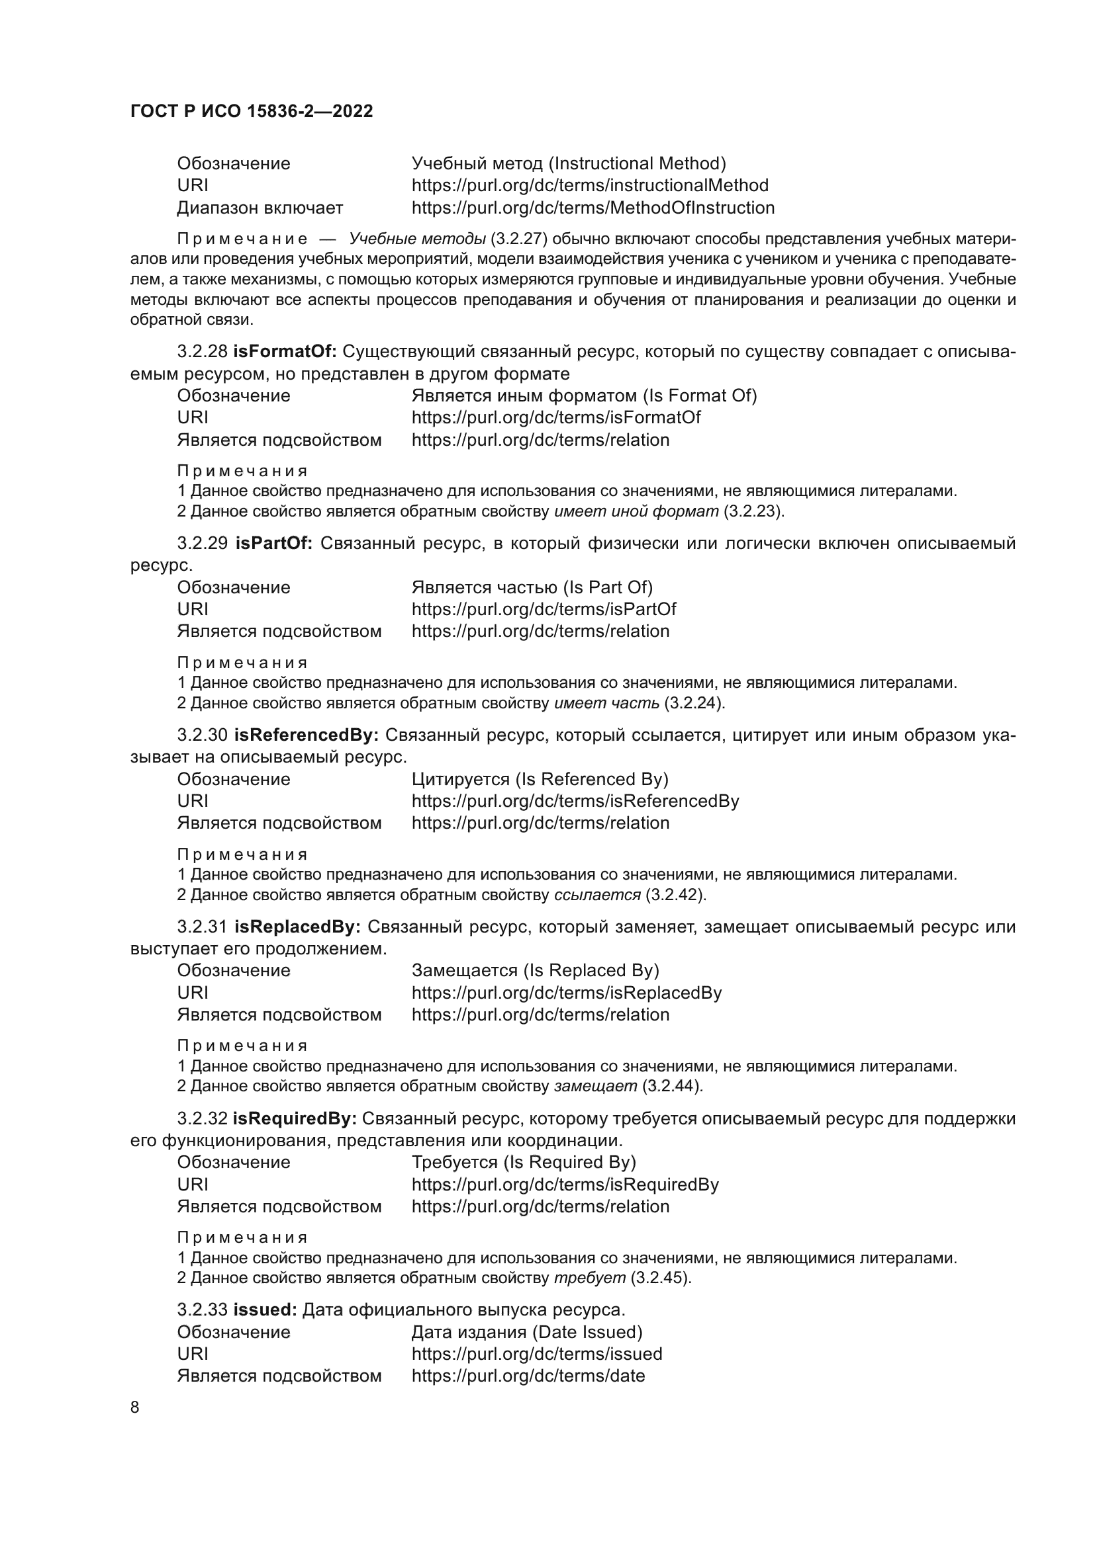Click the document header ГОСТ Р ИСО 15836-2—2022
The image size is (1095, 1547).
click(251, 111)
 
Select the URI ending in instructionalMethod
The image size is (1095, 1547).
click(589, 185)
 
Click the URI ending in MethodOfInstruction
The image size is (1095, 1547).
click(593, 208)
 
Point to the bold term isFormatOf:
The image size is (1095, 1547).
click(285, 352)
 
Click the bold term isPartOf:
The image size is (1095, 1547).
click(273, 544)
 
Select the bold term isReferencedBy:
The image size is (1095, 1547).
click(306, 735)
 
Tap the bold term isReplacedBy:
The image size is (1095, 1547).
click(297, 927)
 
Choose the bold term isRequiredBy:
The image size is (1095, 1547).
click(294, 1119)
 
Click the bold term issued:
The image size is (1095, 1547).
click(265, 1310)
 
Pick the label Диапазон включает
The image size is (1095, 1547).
click(260, 208)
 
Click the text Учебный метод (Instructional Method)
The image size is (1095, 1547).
click(569, 164)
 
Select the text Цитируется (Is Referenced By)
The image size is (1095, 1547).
click(540, 780)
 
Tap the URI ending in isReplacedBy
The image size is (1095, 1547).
click(567, 993)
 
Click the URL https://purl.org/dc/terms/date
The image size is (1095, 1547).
click(528, 1376)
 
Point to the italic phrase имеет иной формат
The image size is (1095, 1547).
click(636, 511)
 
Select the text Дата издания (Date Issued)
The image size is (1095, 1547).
click(526, 1332)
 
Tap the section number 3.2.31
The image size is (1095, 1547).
click(202, 927)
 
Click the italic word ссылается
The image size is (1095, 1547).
click(596, 895)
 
